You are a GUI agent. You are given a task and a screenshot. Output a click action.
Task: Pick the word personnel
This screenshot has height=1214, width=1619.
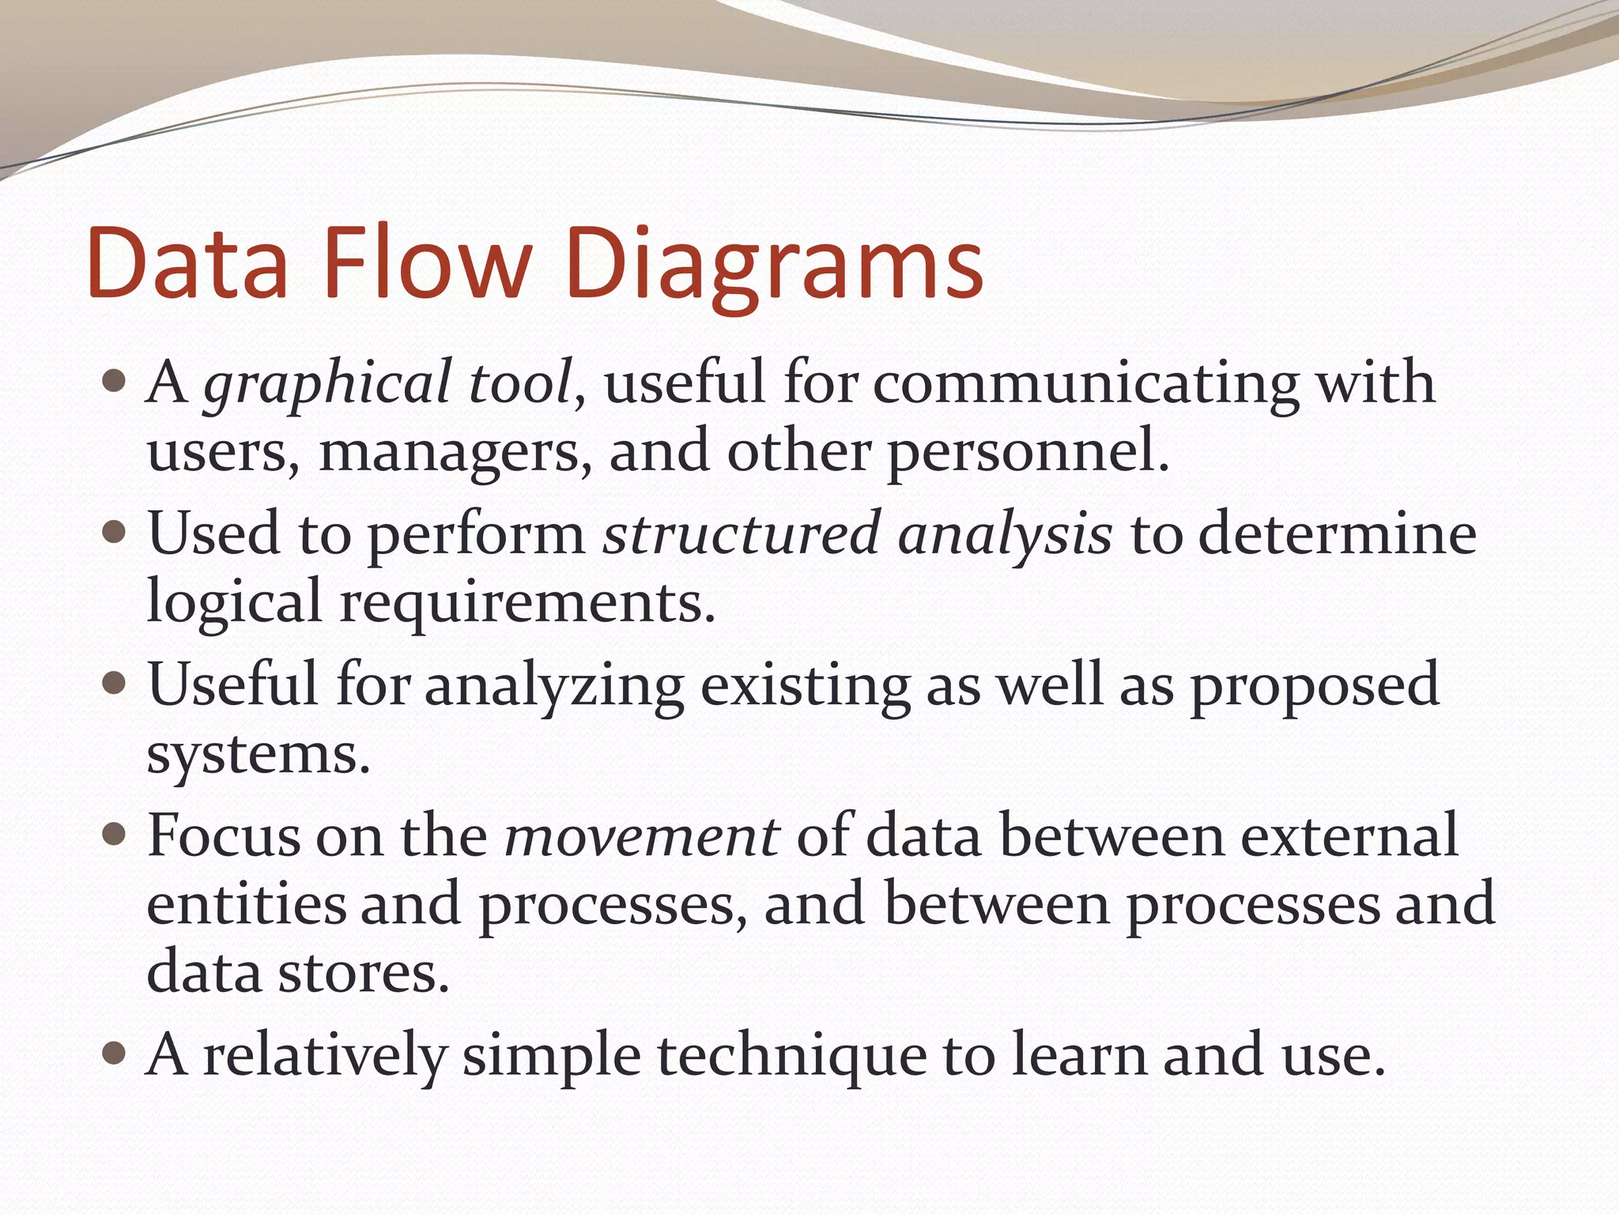point(1027,454)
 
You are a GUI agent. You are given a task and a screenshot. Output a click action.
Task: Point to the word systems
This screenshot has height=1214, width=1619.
point(259,756)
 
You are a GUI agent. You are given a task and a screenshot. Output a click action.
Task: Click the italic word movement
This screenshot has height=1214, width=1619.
point(642,835)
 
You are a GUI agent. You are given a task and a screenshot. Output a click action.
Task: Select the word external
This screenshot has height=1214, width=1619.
point(1349,835)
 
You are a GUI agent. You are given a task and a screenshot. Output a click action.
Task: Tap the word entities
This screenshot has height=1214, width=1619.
point(247,904)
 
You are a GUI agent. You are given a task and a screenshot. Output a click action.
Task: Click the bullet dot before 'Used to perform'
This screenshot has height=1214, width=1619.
point(115,532)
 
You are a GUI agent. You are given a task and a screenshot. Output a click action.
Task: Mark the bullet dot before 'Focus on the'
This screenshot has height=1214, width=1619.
point(115,834)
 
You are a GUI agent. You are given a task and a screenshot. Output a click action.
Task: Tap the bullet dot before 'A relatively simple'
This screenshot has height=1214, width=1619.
point(115,1053)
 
